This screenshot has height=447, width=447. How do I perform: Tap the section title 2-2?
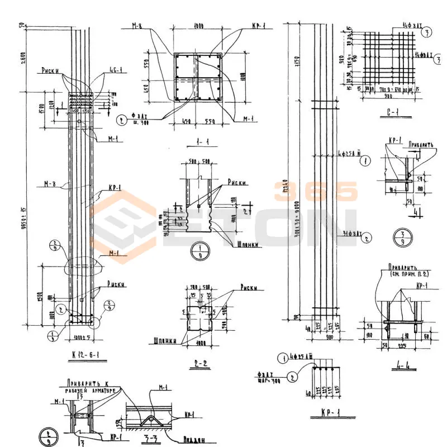[x=200, y=364]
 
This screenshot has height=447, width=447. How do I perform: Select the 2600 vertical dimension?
[x=22, y=55]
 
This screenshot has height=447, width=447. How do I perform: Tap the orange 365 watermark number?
[x=315, y=192]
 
